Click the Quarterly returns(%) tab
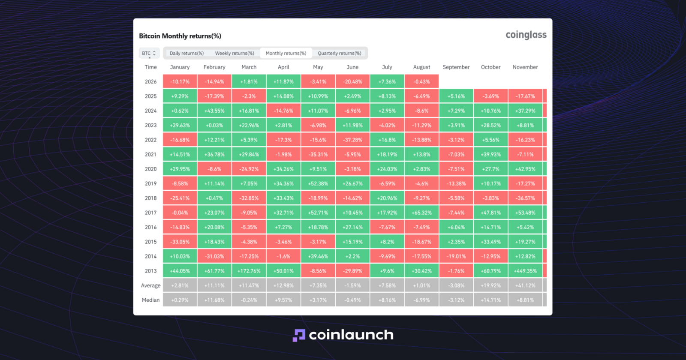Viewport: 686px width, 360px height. (339, 53)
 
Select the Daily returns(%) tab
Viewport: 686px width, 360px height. (187, 53)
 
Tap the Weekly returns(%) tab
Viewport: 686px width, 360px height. (235, 53)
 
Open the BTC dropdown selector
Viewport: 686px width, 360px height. (149, 53)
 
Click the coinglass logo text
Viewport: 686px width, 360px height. (526, 35)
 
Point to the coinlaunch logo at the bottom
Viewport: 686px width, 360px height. (343, 335)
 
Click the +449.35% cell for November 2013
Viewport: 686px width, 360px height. (525, 271)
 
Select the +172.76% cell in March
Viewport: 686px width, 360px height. (249, 271)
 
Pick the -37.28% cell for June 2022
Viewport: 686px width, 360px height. (352, 140)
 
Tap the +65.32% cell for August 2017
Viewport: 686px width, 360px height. (421, 213)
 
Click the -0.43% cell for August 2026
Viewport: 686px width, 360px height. (421, 82)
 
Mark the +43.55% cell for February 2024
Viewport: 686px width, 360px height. (214, 111)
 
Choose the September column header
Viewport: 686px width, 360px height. (456, 67)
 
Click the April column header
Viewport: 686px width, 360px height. (283, 67)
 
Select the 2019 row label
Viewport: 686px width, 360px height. (150, 184)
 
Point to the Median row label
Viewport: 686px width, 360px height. (150, 300)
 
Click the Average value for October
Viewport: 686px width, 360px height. (490, 285)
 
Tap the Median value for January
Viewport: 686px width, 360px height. (180, 300)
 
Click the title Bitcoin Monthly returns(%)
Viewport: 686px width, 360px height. (180, 36)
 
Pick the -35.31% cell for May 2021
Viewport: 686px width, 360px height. (318, 155)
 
